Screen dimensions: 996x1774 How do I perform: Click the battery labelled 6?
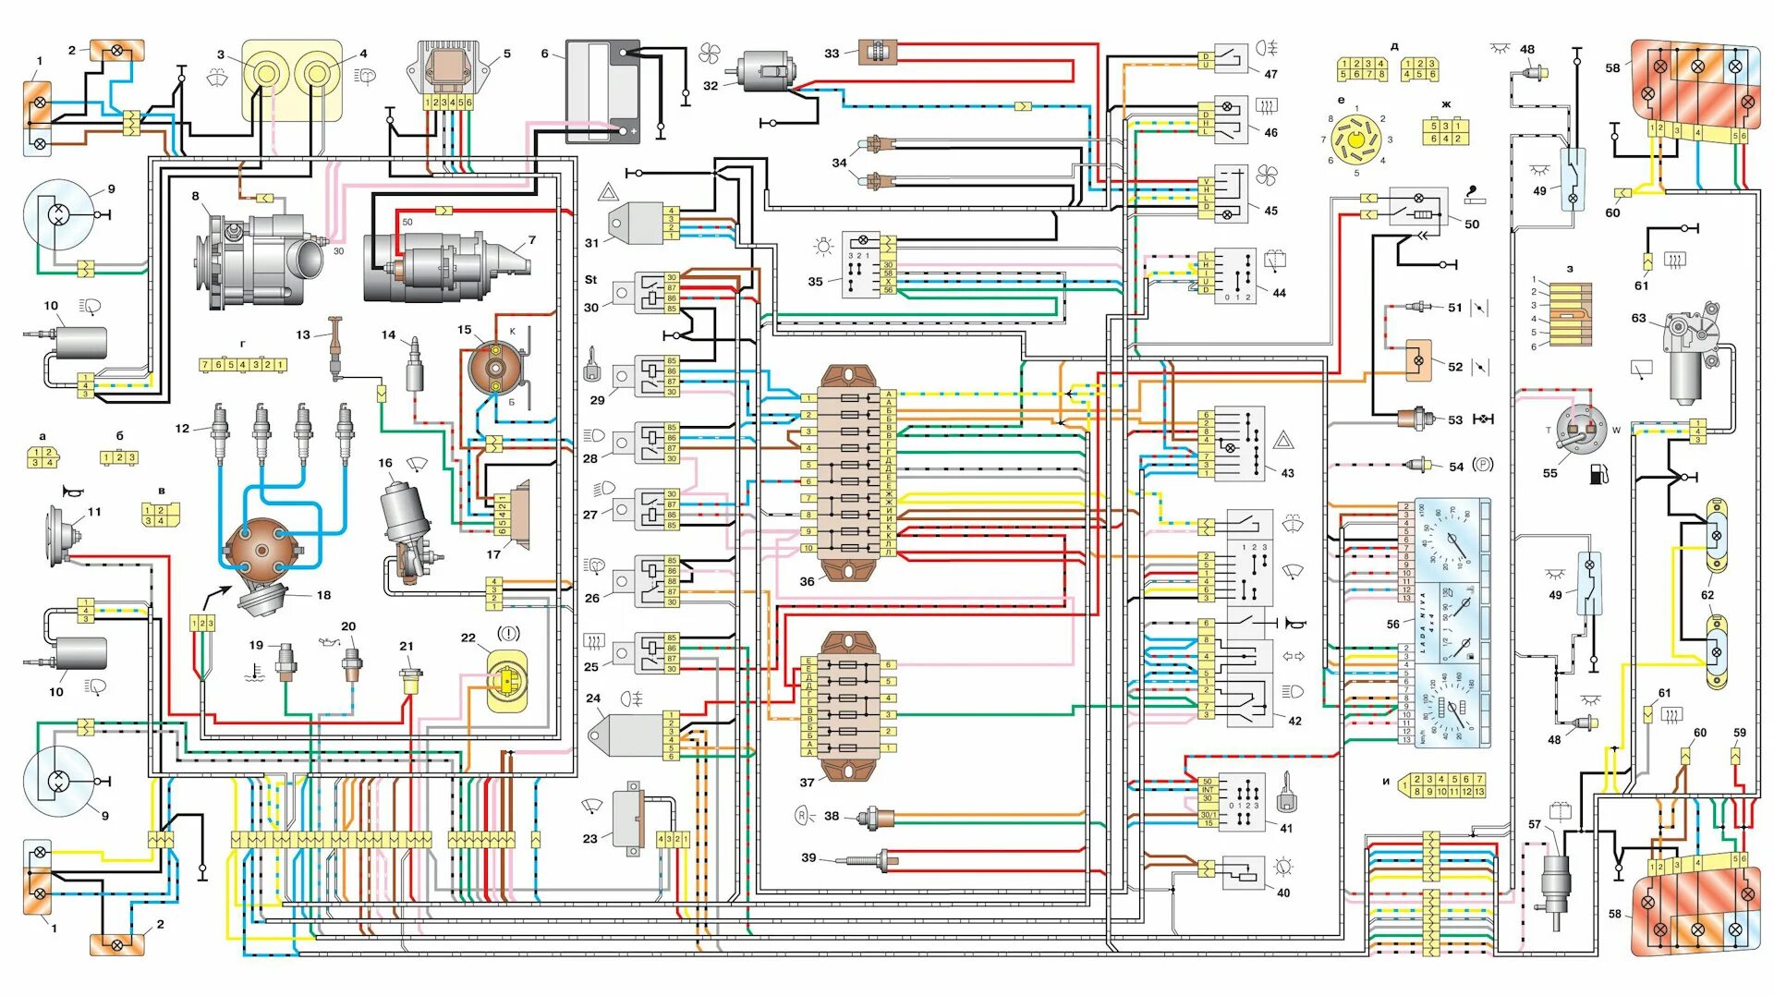(x=602, y=91)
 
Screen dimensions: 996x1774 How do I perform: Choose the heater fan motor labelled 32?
(x=765, y=71)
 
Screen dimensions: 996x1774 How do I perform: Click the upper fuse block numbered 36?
(x=849, y=471)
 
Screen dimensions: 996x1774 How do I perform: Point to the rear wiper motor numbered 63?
(x=1694, y=356)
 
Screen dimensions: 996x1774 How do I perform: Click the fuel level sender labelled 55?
(x=1581, y=431)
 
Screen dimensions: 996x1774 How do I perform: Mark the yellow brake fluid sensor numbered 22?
(x=506, y=682)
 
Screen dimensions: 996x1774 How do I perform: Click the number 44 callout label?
(x=1279, y=293)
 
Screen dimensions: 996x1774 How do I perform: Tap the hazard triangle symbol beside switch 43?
(x=1283, y=440)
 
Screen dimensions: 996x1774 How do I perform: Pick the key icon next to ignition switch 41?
(x=1285, y=793)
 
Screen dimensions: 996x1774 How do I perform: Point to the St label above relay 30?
(x=590, y=280)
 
